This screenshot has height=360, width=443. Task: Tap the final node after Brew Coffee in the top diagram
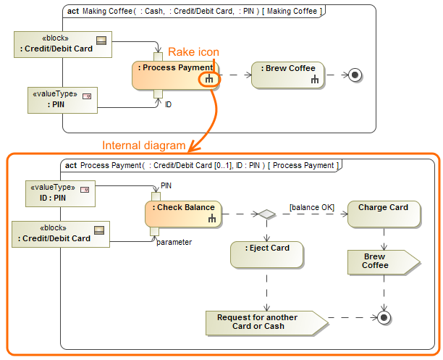(355, 74)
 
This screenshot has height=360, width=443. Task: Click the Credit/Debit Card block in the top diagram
(63, 45)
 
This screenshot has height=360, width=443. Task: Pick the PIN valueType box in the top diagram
(62, 100)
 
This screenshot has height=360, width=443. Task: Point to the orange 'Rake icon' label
(193, 51)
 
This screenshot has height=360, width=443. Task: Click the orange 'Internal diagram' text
(143, 146)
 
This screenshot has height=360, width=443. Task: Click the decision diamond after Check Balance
(267, 214)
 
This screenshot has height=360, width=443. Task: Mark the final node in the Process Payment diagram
(383, 317)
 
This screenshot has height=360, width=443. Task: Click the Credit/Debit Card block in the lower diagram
(60, 234)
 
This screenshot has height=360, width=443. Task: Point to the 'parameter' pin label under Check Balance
(174, 242)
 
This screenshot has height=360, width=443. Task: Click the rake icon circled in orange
(208, 80)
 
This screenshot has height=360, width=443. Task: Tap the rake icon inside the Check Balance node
(211, 218)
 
